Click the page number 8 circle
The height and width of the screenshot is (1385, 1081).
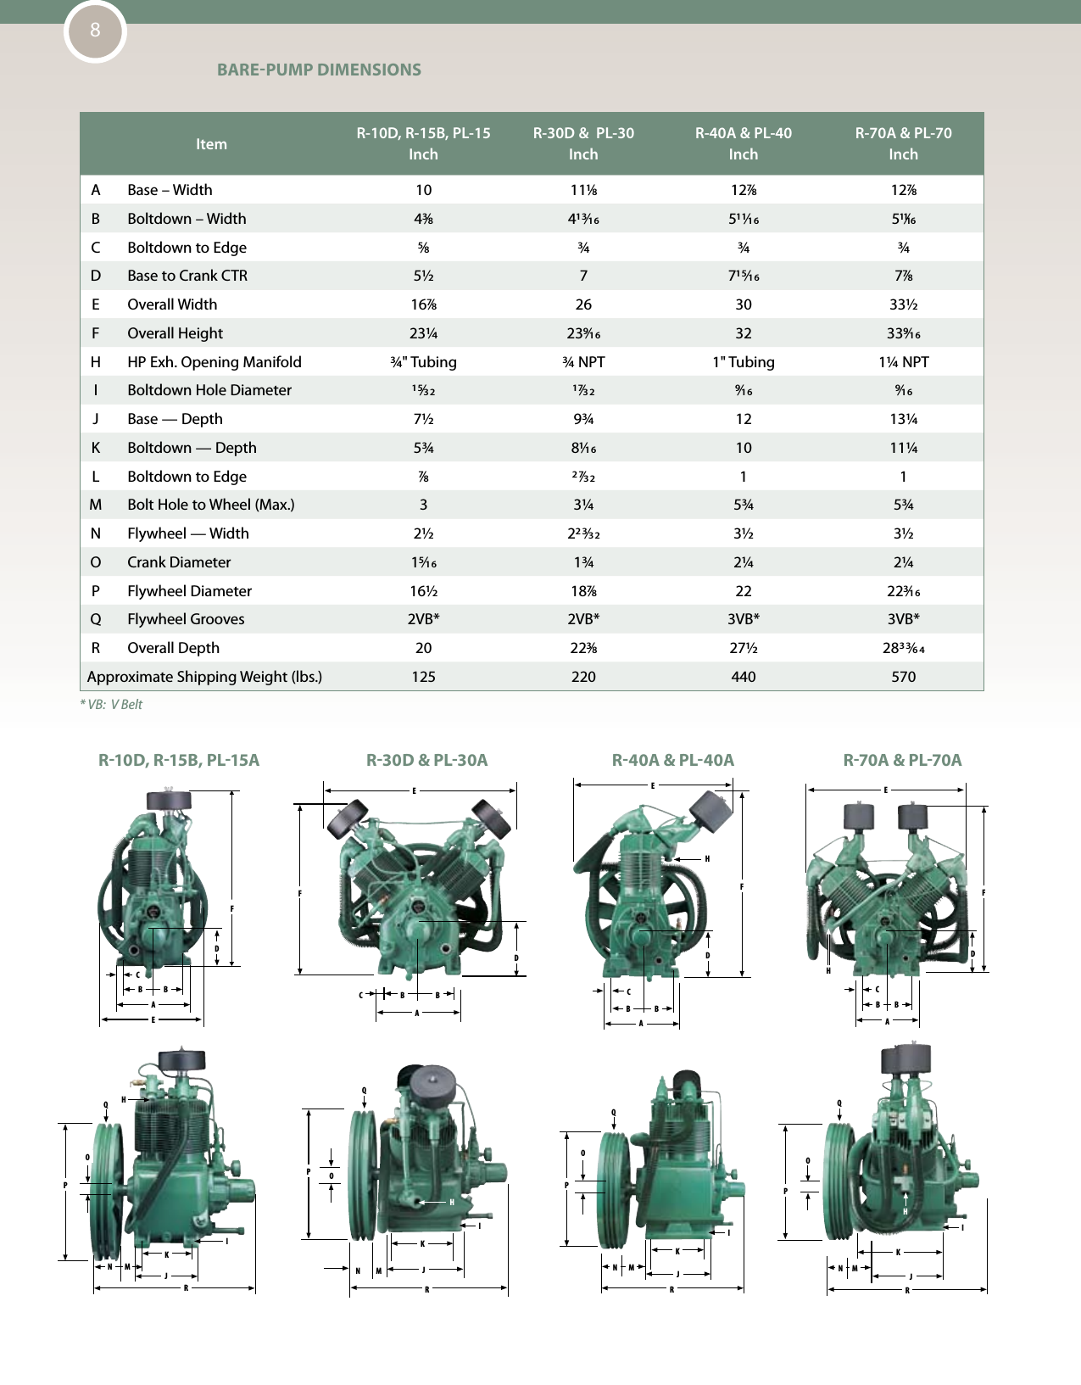coord(95,31)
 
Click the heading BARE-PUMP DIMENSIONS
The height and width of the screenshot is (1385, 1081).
coord(319,70)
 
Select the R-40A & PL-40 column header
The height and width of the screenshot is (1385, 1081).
coord(743,143)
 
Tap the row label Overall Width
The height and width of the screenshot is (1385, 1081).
coord(172,304)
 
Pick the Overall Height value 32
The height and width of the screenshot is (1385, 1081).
coord(743,333)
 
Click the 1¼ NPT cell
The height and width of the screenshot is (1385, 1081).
coord(903,362)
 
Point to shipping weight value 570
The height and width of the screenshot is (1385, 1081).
coord(903,677)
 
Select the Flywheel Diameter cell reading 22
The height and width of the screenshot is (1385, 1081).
coord(743,591)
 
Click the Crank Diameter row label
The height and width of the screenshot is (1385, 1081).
coord(179,562)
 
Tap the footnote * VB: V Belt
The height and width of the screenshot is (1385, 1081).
coord(111,705)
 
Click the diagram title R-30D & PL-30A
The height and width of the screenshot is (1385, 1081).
coord(426,760)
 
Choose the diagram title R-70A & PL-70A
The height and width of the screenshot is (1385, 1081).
coord(902,760)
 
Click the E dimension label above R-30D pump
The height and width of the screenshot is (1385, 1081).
coord(414,791)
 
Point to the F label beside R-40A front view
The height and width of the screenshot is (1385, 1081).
coord(742,887)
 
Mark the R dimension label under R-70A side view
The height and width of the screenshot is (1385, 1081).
coord(907,1291)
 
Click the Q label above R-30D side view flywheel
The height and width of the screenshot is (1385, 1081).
coord(364,1091)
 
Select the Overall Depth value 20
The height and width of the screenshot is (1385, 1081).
coord(423,648)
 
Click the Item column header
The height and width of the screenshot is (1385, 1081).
coord(211,144)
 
